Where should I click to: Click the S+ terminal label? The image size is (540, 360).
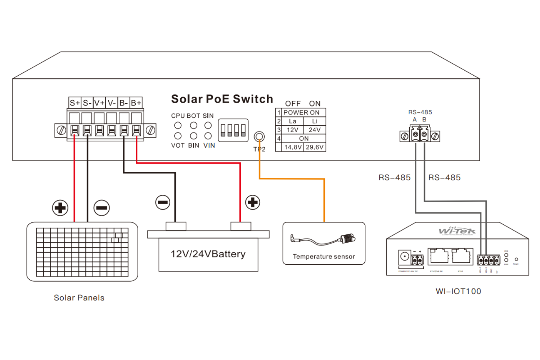[x=75, y=103]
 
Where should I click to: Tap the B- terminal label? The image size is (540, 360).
[x=124, y=103]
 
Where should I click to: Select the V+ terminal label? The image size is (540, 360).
[x=99, y=103]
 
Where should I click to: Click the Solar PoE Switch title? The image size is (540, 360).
[x=222, y=99]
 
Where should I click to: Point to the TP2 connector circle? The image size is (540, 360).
[x=259, y=137]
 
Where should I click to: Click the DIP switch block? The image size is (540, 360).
[x=233, y=130]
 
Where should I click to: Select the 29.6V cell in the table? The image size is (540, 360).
[x=315, y=147]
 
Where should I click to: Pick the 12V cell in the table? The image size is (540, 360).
[x=292, y=130]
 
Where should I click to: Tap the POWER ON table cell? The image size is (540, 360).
[x=301, y=113]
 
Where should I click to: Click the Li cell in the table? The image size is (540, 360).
[x=315, y=121]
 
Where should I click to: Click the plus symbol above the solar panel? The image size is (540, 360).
[x=60, y=208]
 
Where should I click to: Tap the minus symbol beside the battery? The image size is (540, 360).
[x=163, y=202]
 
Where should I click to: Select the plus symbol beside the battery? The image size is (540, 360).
[x=253, y=202]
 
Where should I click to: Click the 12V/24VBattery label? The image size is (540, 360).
[x=208, y=254]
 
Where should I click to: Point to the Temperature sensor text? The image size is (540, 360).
[x=324, y=257]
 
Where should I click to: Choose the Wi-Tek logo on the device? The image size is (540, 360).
[x=457, y=231]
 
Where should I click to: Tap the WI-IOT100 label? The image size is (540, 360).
[x=458, y=291]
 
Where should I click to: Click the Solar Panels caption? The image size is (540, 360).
[x=79, y=298]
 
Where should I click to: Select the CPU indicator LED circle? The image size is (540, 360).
[x=178, y=126]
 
